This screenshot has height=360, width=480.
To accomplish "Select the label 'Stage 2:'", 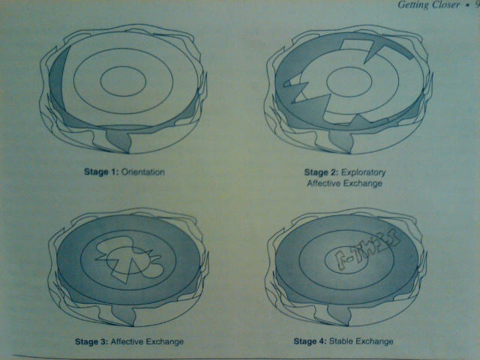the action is (x=313, y=172).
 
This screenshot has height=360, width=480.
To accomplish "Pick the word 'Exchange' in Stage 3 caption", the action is (x=166, y=342).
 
